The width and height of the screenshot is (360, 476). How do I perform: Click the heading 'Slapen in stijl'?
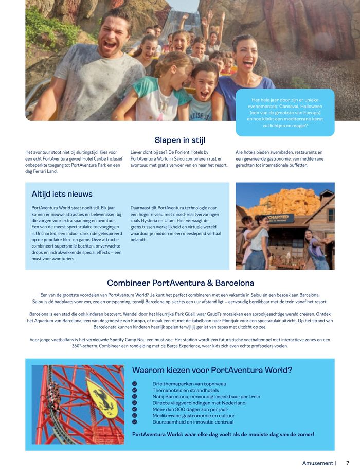pyautogui.click(x=180, y=140)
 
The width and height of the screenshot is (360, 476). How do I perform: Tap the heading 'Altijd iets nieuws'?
pyautogui.click(x=62, y=194)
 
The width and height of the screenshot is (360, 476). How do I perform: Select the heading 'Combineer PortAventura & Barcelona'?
pyautogui.click(x=180, y=283)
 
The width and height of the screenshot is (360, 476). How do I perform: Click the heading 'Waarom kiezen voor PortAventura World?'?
pyautogui.click(x=212, y=370)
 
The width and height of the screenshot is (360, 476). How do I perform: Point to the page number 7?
pyautogui.click(x=348, y=463)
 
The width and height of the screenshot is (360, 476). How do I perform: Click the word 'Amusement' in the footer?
pyautogui.click(x=317, y=463)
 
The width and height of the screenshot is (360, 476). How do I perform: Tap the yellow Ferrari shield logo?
pyautogui.click(x=102, y=397)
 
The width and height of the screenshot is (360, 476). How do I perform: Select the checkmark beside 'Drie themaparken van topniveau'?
pyautogui.click(x=135, y=384)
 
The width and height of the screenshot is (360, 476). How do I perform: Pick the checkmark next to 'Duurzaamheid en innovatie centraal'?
pyautogui.click(x=135, y=422)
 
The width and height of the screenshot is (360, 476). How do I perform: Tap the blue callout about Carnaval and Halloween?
pyautogui.click(x=285, y=112)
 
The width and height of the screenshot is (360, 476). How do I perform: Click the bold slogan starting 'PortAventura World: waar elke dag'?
pyautogui.click(x=223, y=434)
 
